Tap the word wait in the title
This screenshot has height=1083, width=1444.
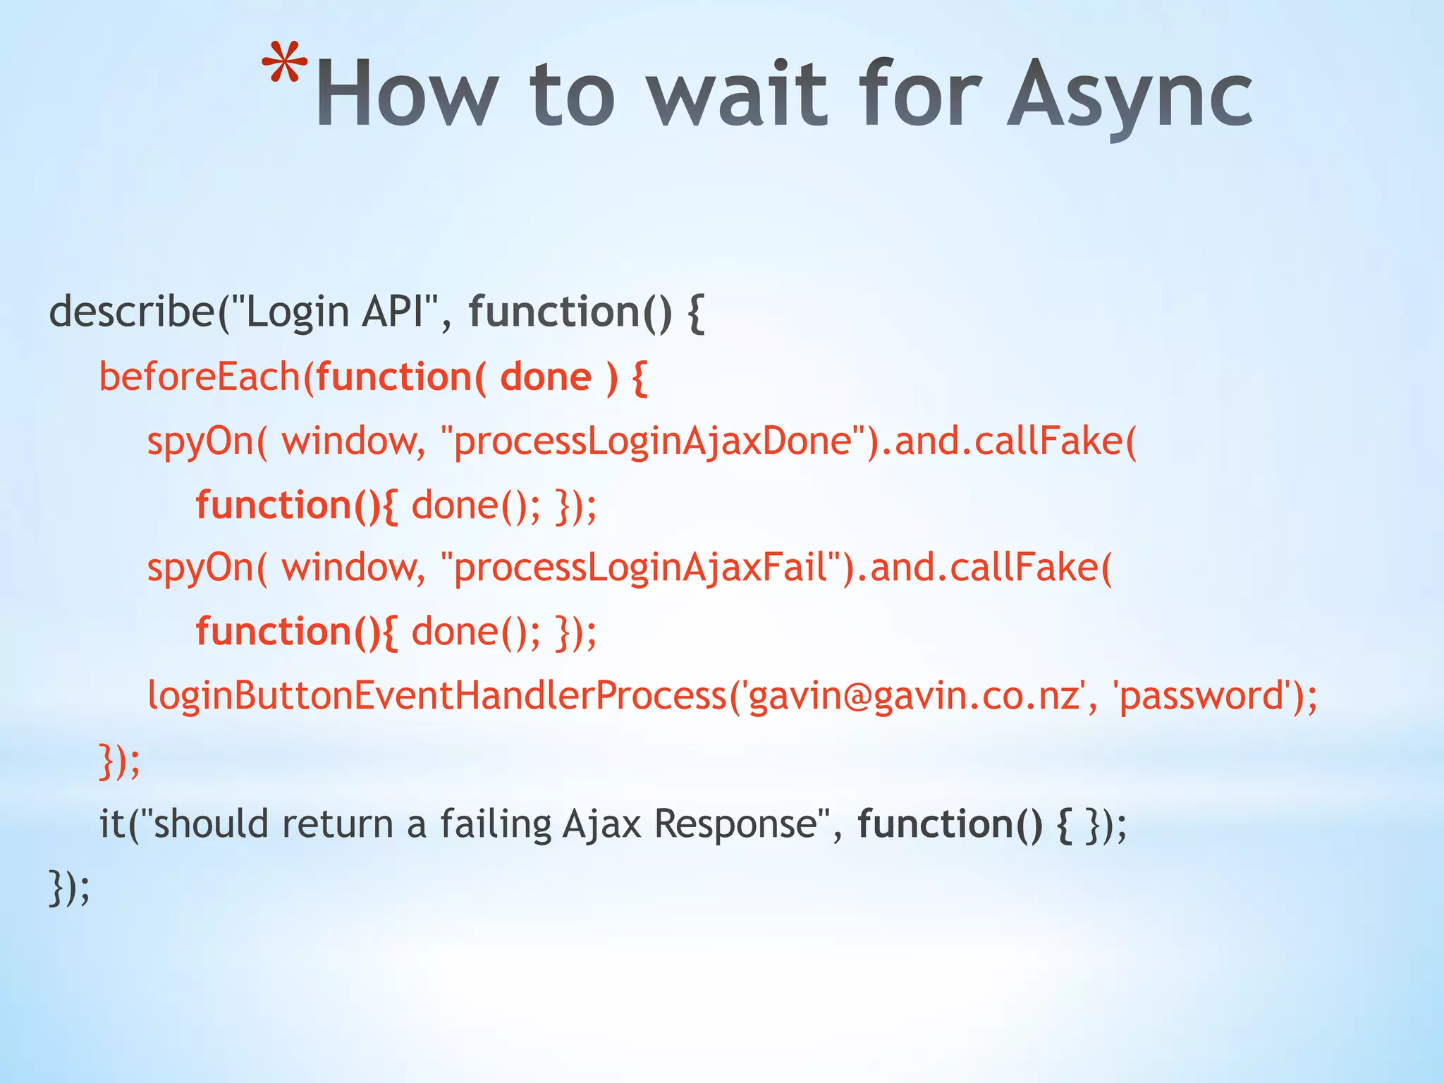737,95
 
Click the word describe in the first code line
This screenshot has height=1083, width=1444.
131,312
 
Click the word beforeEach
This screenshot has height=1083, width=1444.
200,377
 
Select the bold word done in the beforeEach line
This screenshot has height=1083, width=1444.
545,377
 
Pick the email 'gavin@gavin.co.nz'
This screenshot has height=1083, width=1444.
914,695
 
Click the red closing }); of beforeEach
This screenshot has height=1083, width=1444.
119,761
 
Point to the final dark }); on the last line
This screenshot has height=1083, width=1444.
69,888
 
